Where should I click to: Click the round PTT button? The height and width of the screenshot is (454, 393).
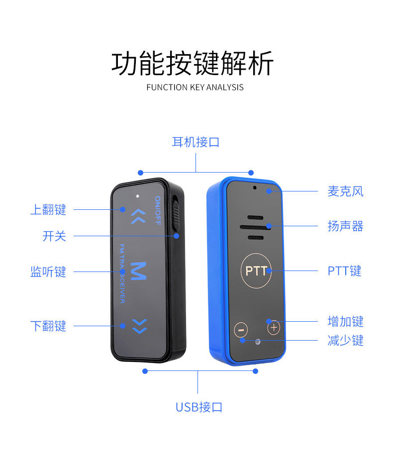pos(256,271)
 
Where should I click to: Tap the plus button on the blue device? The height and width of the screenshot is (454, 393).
pos(274,328)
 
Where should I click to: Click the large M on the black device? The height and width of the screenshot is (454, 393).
pos(139,271)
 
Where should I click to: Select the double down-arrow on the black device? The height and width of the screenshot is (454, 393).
pos(140,326)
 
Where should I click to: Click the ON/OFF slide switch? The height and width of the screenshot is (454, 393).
pos(176,214)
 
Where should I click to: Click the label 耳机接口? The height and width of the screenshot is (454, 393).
pos(196,142)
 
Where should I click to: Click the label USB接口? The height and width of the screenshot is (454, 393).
pos(198,407)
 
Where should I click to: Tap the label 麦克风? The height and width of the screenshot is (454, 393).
pos(345,191)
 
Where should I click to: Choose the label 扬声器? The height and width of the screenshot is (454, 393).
pos(345,226)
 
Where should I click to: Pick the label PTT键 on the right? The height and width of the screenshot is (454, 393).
pos(344,271)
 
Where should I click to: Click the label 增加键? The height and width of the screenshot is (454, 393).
pos(345,321)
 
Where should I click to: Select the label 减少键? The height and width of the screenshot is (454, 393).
pos(345,341)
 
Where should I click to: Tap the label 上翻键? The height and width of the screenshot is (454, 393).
pos(48,210)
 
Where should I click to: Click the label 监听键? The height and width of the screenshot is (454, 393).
pos(48,272)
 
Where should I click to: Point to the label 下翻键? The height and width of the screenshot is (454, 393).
pos(48,326)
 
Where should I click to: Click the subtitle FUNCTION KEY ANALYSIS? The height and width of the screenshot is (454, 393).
pos(195,88)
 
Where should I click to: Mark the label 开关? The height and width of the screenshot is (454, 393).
pos(54,236)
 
